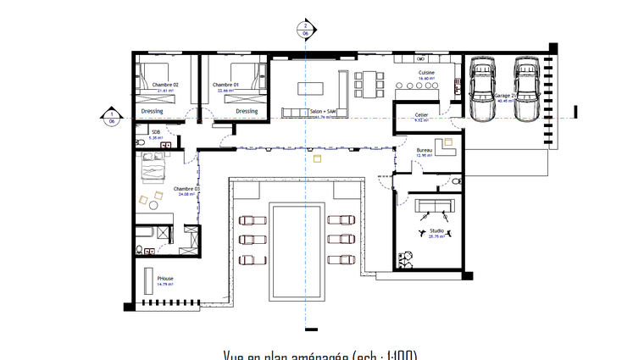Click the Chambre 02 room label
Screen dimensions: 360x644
(x=165, y=85)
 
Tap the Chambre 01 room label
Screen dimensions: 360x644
(x=225, y=85)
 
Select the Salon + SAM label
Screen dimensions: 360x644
(x=323, y=111)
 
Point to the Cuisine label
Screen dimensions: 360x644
(x=426, y=74)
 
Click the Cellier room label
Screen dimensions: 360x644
(x=421, y=114)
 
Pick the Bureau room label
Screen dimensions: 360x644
(x=425, y=150)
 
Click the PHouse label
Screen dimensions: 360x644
(x=165, y=278)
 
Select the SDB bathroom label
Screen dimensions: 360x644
(x=156, y=132)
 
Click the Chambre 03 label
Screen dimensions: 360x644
(x=186, y=188)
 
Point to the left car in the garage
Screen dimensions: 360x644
(x=482, y=90)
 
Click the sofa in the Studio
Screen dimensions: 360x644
(x=433, y=206)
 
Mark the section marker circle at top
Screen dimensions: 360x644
(x=304, y=28)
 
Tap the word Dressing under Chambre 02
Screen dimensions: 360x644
(x=153, y=111)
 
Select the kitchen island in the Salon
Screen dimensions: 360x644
(x=310, y=87)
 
